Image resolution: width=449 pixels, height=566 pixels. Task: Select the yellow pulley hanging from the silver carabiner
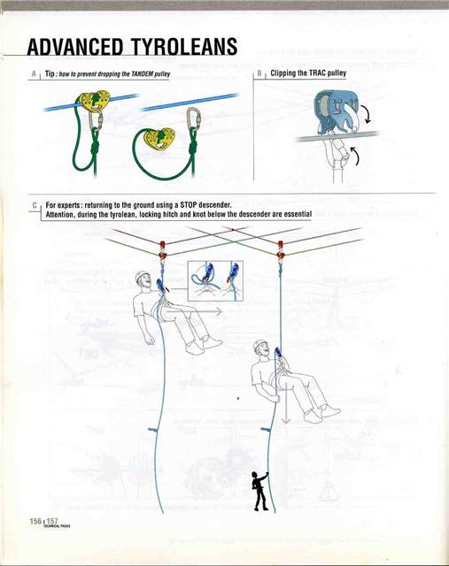[164, 135]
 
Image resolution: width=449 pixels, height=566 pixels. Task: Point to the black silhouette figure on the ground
[259, 492]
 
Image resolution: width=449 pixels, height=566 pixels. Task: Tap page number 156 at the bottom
[25, 521]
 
